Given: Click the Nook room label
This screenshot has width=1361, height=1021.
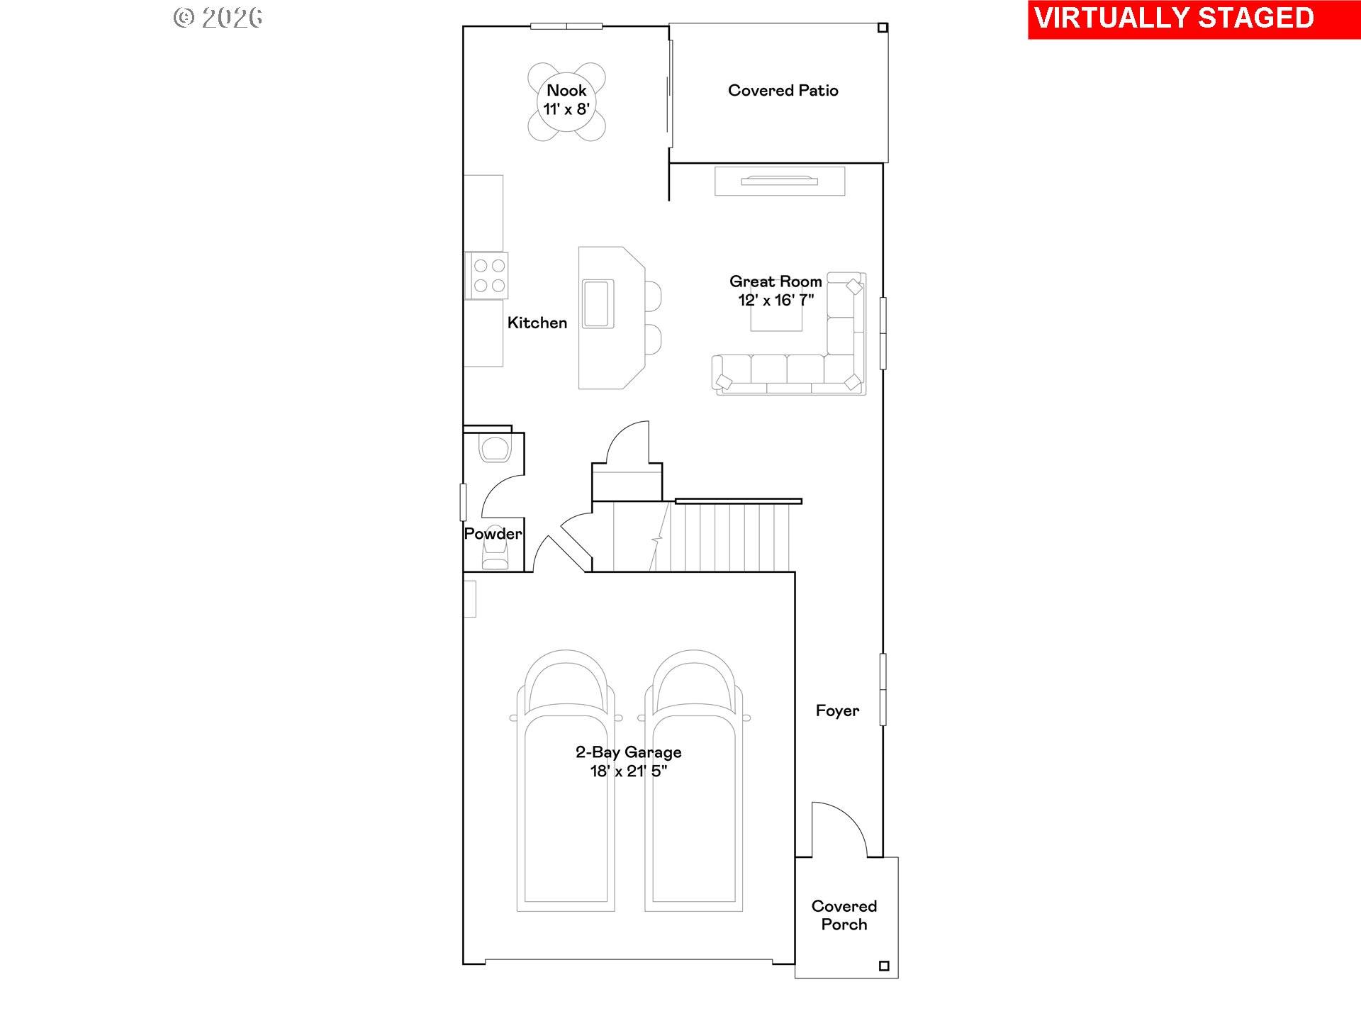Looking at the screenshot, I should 566,91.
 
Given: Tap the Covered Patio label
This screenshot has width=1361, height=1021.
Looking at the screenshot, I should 783,91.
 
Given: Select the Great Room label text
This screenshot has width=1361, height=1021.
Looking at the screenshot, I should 775,281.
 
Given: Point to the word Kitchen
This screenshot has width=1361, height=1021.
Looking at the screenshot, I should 537,323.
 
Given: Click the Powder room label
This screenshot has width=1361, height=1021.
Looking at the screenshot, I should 493,534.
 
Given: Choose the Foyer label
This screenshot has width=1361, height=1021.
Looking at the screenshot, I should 837,711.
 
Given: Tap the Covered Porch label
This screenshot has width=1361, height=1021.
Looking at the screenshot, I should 844,915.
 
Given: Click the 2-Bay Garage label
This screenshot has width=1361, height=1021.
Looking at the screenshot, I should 628,752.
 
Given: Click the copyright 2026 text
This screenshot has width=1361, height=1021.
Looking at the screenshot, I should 218,18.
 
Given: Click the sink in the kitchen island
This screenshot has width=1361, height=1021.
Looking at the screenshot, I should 598,303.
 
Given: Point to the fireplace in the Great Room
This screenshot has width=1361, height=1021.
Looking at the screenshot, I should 780,182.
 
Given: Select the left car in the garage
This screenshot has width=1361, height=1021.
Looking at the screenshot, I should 565,780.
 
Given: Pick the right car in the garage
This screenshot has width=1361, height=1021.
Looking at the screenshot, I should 694,780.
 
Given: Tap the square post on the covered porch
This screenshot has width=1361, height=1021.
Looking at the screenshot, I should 883,966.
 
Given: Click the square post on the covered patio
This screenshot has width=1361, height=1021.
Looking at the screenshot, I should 883,28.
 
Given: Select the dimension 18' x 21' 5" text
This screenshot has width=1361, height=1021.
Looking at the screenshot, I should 628,771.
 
